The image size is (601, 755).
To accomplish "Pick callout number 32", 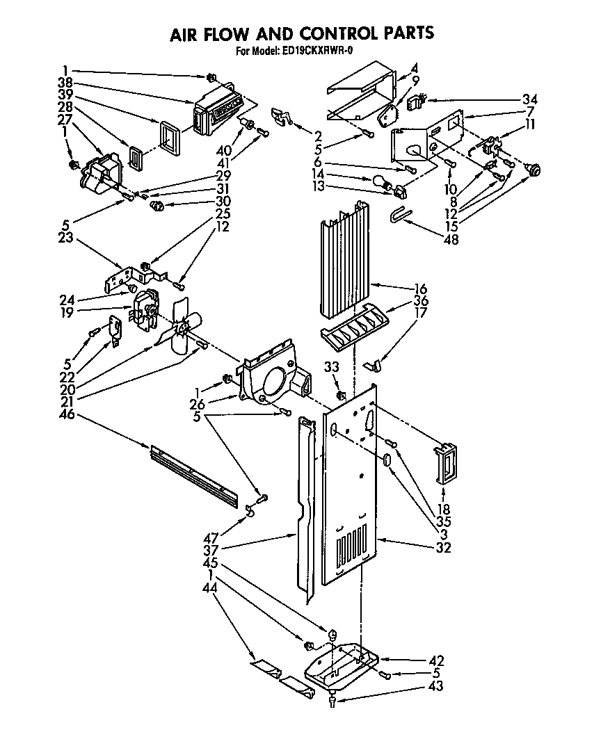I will pos(442,547).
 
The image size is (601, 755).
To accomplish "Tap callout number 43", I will pos(436,686).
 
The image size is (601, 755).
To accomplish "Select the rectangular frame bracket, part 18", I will pos(442,461).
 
